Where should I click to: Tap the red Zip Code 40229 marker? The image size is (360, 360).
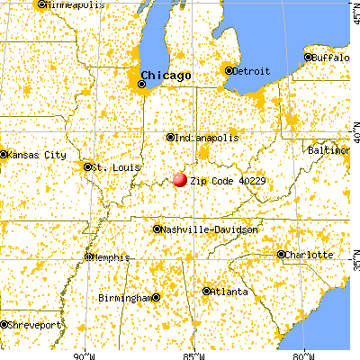click(180, 179)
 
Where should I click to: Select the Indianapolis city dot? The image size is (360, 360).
click(170, 138)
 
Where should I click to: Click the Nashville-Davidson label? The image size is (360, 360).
click(210, 229)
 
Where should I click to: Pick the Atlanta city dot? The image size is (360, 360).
click(207, 291)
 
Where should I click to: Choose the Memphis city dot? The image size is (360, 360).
click(87, 256)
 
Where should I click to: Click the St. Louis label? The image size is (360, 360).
click(111, 166)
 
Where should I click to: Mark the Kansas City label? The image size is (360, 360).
click(36, 155)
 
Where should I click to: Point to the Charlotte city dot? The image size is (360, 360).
click(281, 254)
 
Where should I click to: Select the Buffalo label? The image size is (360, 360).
click(334, 58)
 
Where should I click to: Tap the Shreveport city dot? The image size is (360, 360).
click(4, 323)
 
